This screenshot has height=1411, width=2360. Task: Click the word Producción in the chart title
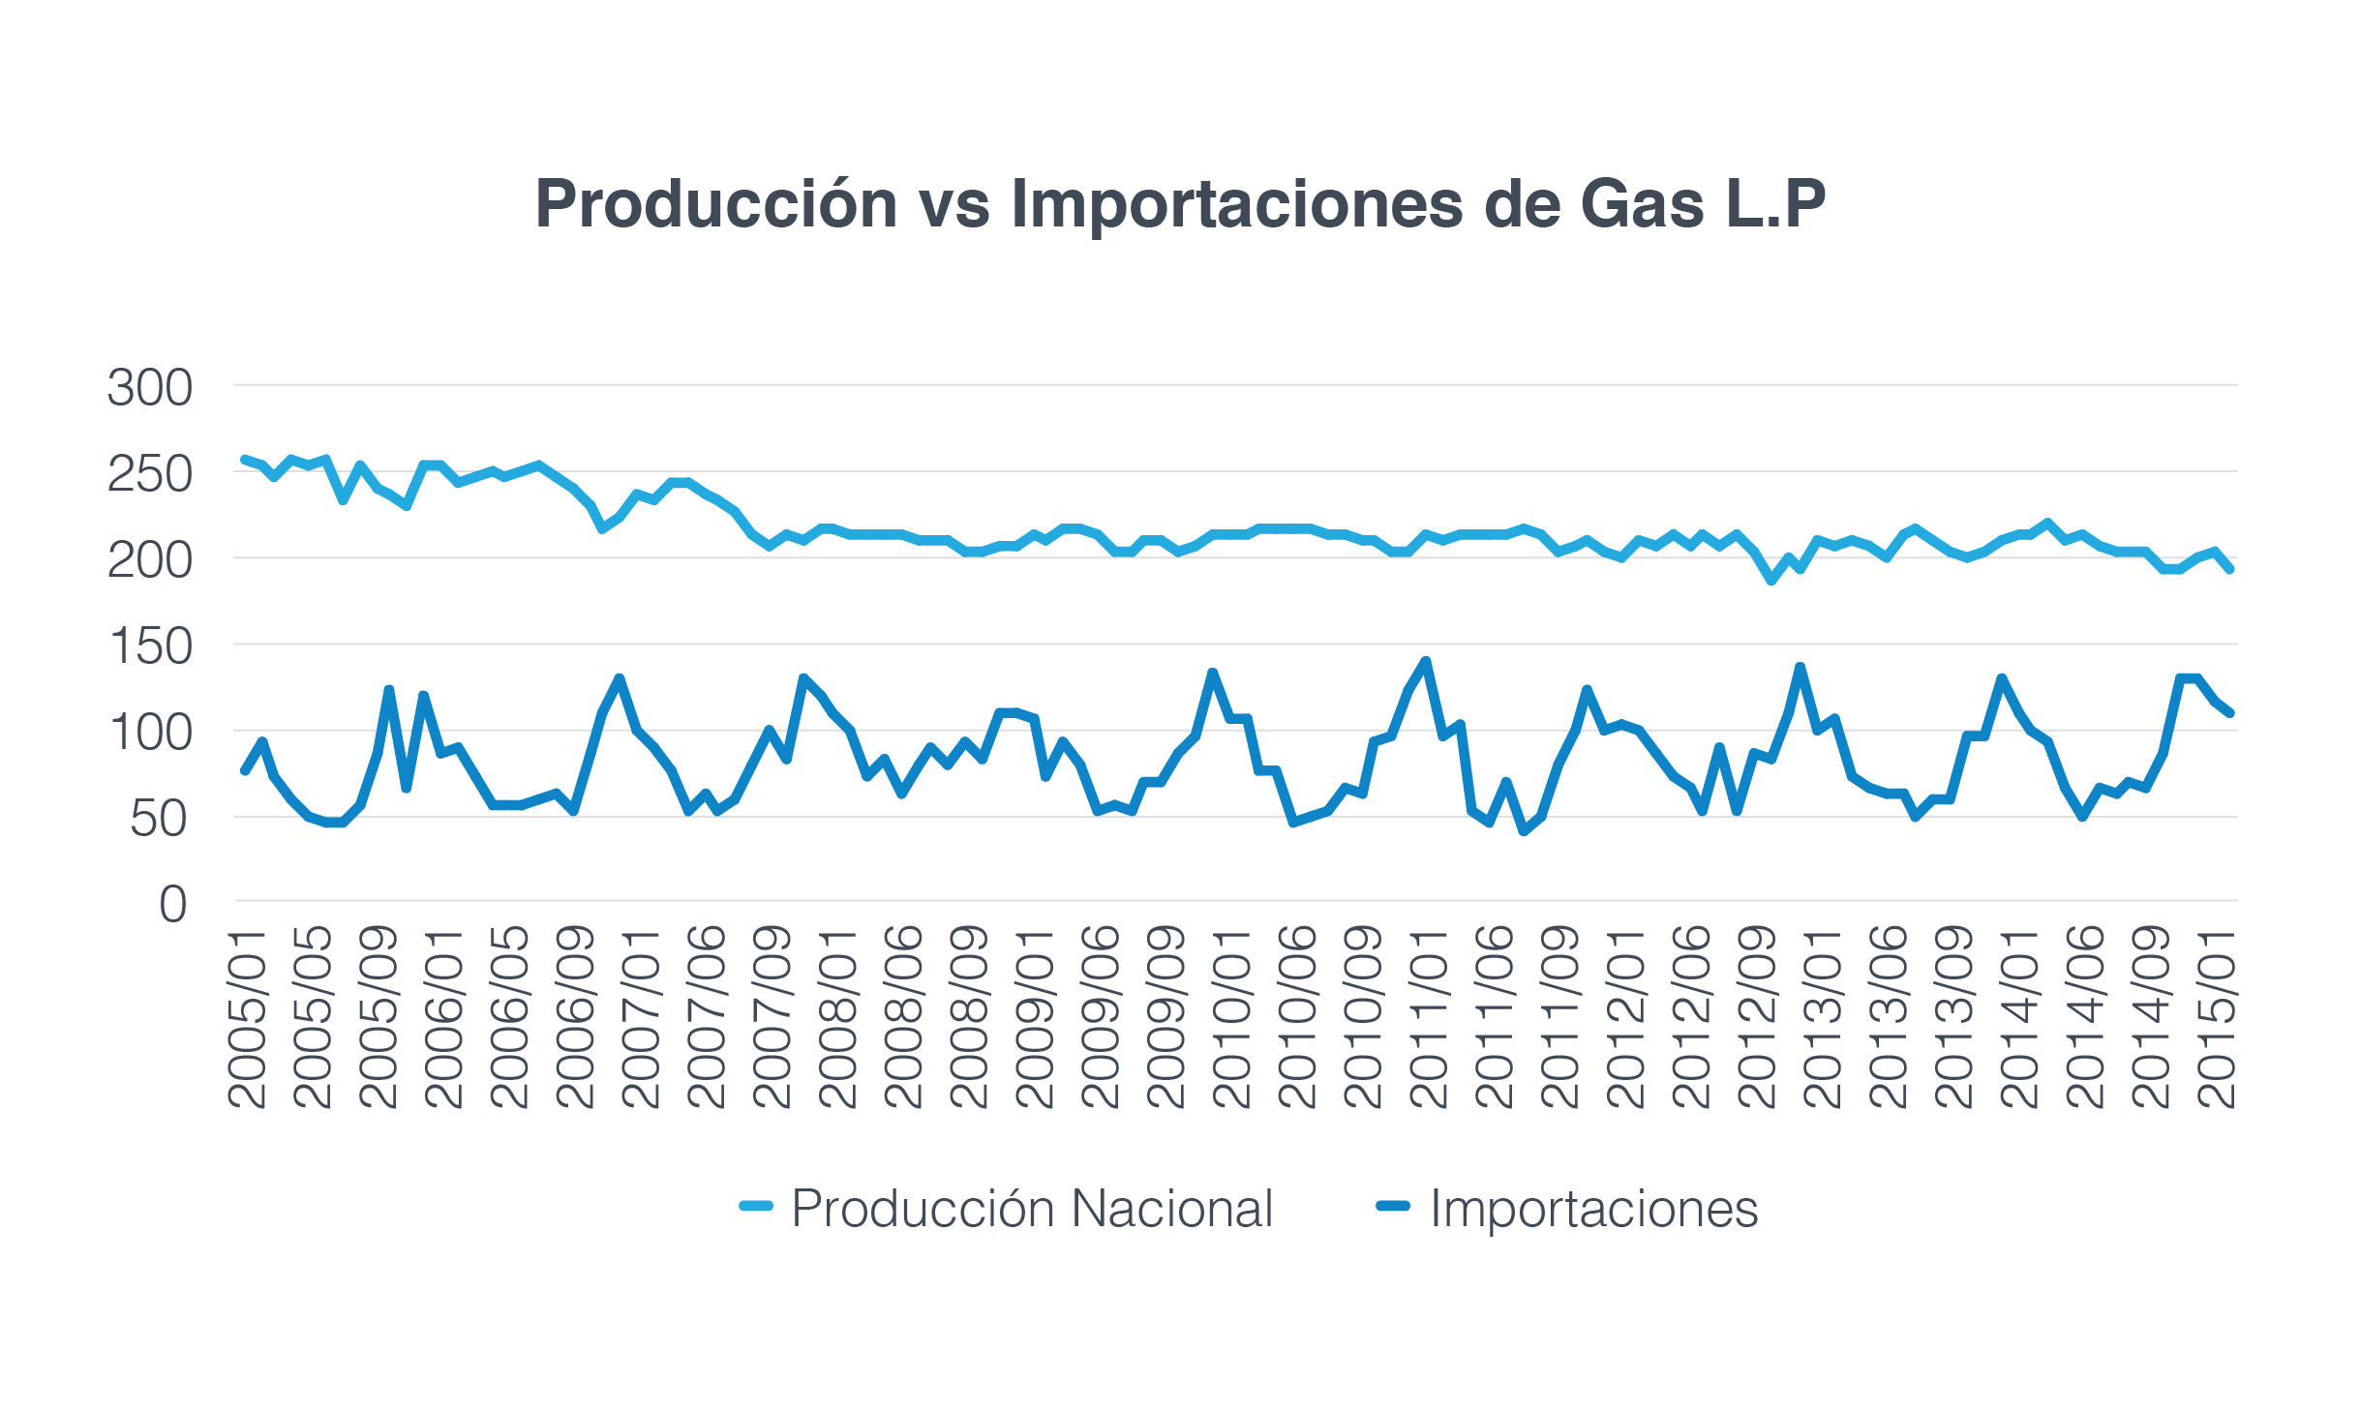[716, 205]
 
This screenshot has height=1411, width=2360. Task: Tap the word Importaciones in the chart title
[1237, 205]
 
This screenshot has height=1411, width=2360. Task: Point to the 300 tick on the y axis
[150, 388]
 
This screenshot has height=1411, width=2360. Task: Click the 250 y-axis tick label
[150, 474]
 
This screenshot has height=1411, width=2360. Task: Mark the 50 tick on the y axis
[159, 819]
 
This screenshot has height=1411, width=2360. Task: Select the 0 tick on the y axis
[173, 905]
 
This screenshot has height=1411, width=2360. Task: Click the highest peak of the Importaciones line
[1425, 662]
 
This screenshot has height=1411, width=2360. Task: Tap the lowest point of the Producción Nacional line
[1771, 581]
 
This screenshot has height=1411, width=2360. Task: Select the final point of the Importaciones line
[2230, 713]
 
